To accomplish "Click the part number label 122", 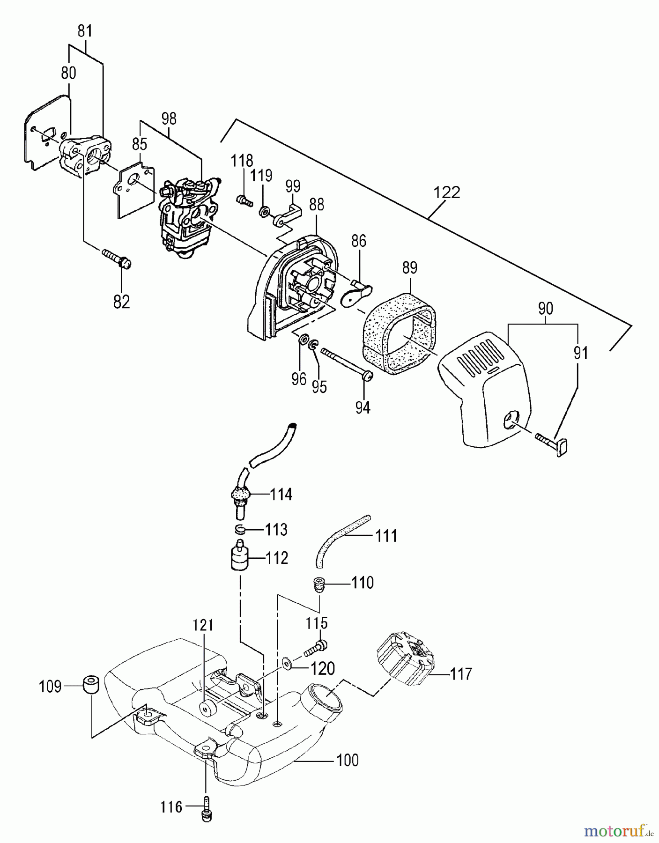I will [447, 192].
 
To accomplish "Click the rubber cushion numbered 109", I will [91, 686].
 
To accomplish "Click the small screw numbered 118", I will [244, 201].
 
